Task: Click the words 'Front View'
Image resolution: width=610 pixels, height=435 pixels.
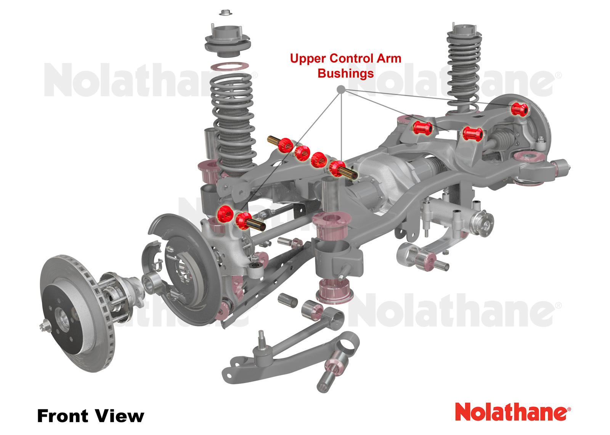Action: tap(91, 416)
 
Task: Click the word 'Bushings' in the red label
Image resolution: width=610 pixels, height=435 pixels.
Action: tap(345, 73)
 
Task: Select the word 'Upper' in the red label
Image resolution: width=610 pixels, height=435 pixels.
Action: tap(308, 59)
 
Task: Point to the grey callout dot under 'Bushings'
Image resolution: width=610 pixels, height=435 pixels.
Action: tap(341, 89)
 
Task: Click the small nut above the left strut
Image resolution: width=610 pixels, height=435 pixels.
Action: tap(225, 13)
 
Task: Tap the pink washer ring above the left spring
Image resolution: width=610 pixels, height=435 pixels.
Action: tap(230, 66)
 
